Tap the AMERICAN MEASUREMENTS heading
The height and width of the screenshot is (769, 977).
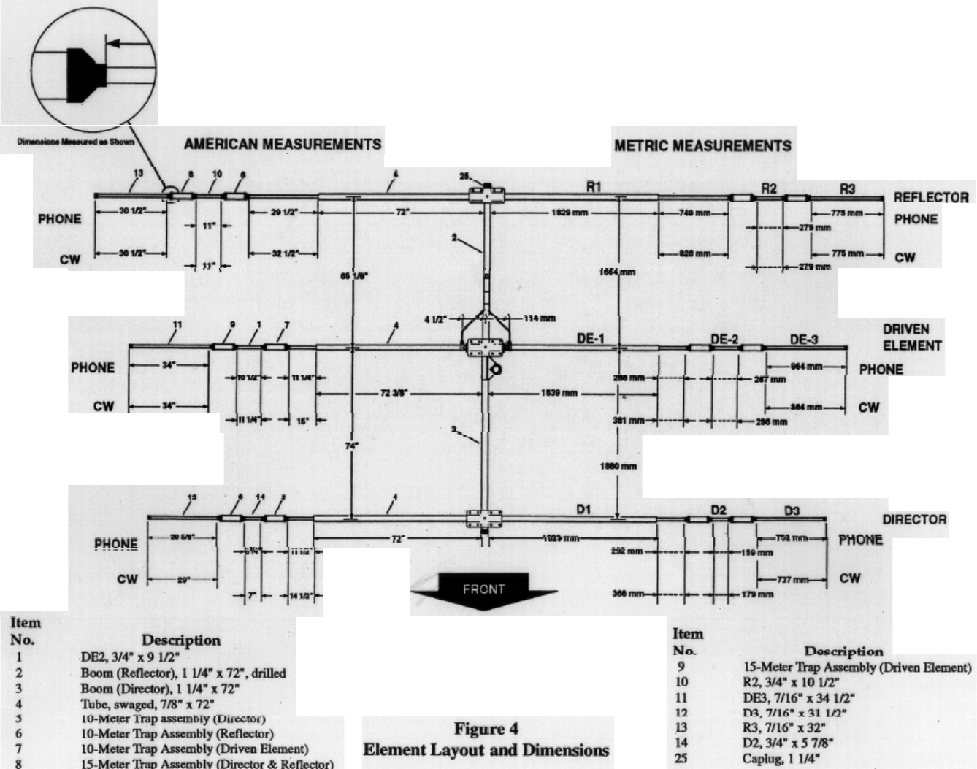283,144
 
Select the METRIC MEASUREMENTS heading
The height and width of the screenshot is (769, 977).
702,146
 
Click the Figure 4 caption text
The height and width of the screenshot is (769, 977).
486,739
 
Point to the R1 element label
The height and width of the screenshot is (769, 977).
594,187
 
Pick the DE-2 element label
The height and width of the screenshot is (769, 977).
724,339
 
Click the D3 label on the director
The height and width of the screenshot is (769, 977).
792,510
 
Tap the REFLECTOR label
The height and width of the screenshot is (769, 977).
931,198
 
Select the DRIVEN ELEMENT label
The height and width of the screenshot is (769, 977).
912,337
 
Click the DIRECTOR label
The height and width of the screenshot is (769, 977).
914,520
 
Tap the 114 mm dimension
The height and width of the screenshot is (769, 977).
540,318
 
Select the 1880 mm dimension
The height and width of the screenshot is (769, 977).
618,466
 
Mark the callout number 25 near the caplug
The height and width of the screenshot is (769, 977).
464,176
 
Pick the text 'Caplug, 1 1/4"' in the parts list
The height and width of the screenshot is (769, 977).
781,759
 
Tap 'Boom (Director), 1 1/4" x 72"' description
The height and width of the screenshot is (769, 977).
159,689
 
